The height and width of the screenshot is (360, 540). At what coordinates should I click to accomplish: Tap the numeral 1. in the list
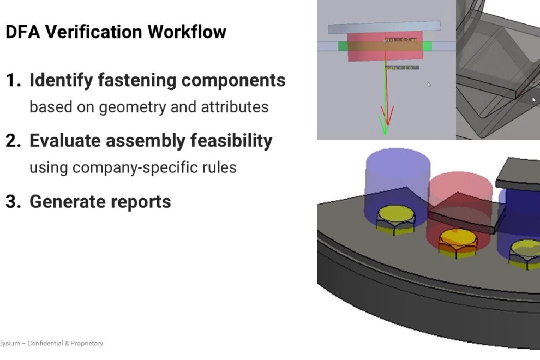click(x=14, y=80)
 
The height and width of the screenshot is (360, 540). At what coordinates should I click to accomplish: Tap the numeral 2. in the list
click(x=14, y=141)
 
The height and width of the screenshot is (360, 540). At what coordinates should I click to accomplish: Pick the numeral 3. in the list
click(x=14, y=202)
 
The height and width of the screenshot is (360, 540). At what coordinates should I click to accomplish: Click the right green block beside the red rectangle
click(x=427, y=46)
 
